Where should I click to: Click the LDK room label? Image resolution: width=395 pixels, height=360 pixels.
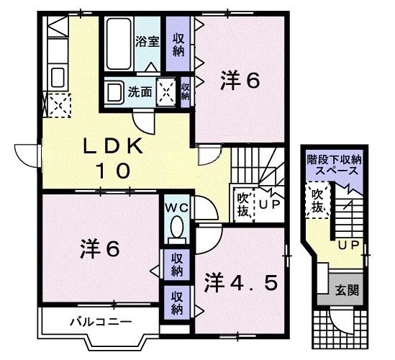click(113, 147)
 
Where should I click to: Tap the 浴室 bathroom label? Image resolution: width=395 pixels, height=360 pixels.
click(147, 42)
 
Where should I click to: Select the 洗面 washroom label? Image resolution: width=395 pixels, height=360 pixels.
click(140, 91)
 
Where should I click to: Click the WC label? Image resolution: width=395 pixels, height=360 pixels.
click(176, 207)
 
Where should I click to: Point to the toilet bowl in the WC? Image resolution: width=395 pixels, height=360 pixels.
click(174, 230)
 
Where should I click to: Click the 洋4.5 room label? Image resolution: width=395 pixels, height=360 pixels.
click(240, 282)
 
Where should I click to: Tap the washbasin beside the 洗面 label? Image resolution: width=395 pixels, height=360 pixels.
click(114, 92)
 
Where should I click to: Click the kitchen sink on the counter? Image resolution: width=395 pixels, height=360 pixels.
click(58, 76)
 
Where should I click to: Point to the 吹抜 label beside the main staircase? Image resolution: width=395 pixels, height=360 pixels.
click(243, 202)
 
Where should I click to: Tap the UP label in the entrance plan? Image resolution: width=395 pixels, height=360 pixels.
click(349, 246)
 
